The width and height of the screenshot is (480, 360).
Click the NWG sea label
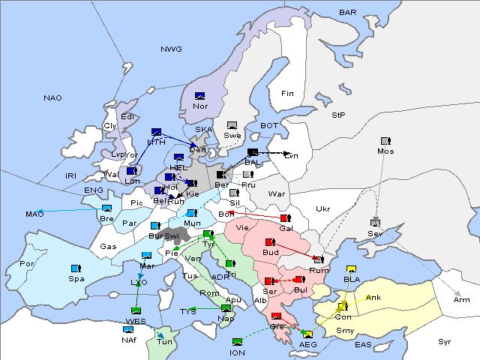(171, 49)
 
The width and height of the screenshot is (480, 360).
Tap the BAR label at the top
(348, 13)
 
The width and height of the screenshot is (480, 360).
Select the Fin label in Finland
(287, 94)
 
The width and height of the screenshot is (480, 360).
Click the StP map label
(338, 115)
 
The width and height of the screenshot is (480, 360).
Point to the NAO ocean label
(53, 98)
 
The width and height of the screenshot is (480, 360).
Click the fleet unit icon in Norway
(200, 96)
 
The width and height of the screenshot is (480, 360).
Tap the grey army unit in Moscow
(385, 141)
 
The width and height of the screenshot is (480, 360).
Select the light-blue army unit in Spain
(75, 268)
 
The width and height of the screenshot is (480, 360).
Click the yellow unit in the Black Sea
(351, 269)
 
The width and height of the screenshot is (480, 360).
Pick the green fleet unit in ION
(238, 342)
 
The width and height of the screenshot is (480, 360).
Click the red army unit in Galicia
(284, 218)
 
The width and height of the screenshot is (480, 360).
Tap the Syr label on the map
(445, 342)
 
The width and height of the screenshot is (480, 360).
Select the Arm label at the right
(462, 300)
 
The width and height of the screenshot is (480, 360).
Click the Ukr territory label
(322, 209)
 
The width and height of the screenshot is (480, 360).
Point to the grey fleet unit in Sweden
(232, 125)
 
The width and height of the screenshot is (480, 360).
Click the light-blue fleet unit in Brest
(106, 208)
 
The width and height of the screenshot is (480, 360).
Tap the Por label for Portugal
(27, 264)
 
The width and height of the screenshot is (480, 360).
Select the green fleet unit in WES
(136, 310)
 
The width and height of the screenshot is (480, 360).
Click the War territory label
(277, 194)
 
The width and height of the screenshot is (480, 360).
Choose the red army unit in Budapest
(271, 242)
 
